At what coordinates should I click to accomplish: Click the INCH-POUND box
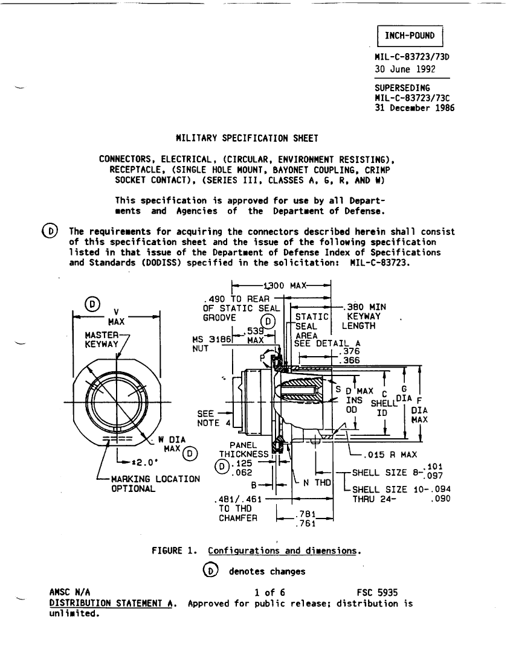pyautogui.click(x=410, y=36)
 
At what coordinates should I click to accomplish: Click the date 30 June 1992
pyautogui.click(x=405, y=69)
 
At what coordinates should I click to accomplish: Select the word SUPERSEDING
pyautogui.click(x=402, y=88)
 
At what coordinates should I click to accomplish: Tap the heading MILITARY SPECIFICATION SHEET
pyautogui.click(x=247, y=138)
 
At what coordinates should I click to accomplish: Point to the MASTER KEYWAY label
pyautogui.click(x=102, y=340)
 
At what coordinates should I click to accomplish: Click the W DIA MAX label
pyautogui.click(x=172, y=444)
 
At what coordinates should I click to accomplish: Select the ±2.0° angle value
pyautogui.click(x=145, y=462)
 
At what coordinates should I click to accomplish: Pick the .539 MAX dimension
pyautogui.click(x=256, y=336)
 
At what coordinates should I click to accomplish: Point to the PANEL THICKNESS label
pyautogui.click(x=243, y=450)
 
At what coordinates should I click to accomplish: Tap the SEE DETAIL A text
pyautogui.click(x=327, y=343)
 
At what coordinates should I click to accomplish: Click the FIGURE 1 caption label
pyautogui.click(x=174, y=551)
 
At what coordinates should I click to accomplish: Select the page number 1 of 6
pyautogui.click(x=269, y=592)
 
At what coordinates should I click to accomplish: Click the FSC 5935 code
pyautogui.click(x=378, y=592)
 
